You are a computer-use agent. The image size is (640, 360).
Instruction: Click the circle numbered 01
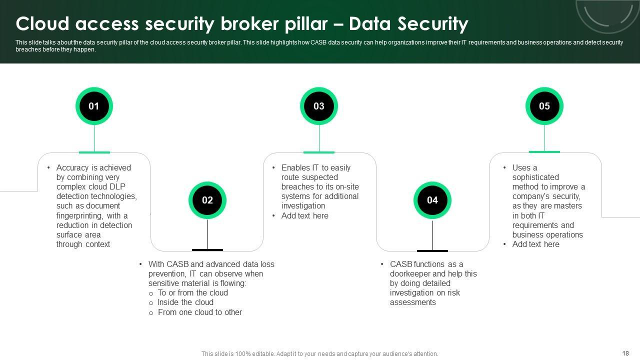point(94,106)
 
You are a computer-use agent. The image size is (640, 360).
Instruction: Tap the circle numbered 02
point(207,200)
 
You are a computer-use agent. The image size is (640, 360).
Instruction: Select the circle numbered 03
point(319,106)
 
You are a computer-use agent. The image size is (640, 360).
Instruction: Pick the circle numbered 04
point(432,200)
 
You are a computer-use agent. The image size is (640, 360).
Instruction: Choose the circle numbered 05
point(544,106)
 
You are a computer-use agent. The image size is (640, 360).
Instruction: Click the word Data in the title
point(369,23)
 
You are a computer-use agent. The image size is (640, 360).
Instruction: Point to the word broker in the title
point(249,23)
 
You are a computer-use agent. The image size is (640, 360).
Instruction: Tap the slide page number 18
point(625,353)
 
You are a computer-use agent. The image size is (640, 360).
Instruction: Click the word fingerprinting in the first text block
point(80,215)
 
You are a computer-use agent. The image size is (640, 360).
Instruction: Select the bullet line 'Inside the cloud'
point(185,302)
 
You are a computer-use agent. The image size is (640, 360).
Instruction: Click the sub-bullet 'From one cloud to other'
point(199,312)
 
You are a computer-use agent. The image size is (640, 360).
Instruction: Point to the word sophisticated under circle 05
point(535,177)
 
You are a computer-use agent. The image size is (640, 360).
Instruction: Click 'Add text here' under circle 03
point(304,215)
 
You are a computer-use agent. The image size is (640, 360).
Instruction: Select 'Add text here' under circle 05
point(535,244)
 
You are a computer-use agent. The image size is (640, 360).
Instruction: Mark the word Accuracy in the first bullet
point(72,167)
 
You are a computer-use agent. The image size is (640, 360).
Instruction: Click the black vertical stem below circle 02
point(207,234)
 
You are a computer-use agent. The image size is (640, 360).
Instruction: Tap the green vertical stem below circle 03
point(319,138)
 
